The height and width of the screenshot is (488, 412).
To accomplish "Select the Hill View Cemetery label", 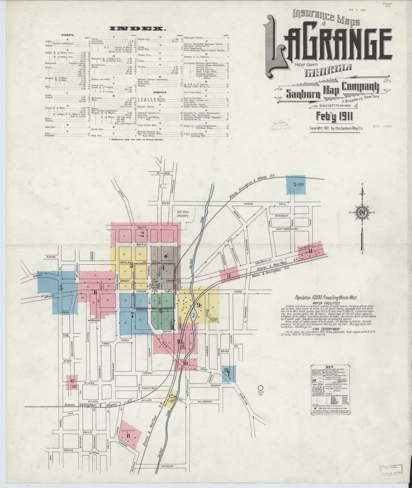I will pyautogui.click(x=183, y=214).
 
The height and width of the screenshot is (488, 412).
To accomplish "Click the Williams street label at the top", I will pyautogui.click(x=163, y=173).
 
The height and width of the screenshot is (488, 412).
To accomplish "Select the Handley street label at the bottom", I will pyautogui.click(x=167, y=466).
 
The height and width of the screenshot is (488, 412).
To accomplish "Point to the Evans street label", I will pyautogui.click(x=51, y=257).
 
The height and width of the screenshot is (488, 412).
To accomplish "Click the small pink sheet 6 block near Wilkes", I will pyautogui.click(x=72, y=381).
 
